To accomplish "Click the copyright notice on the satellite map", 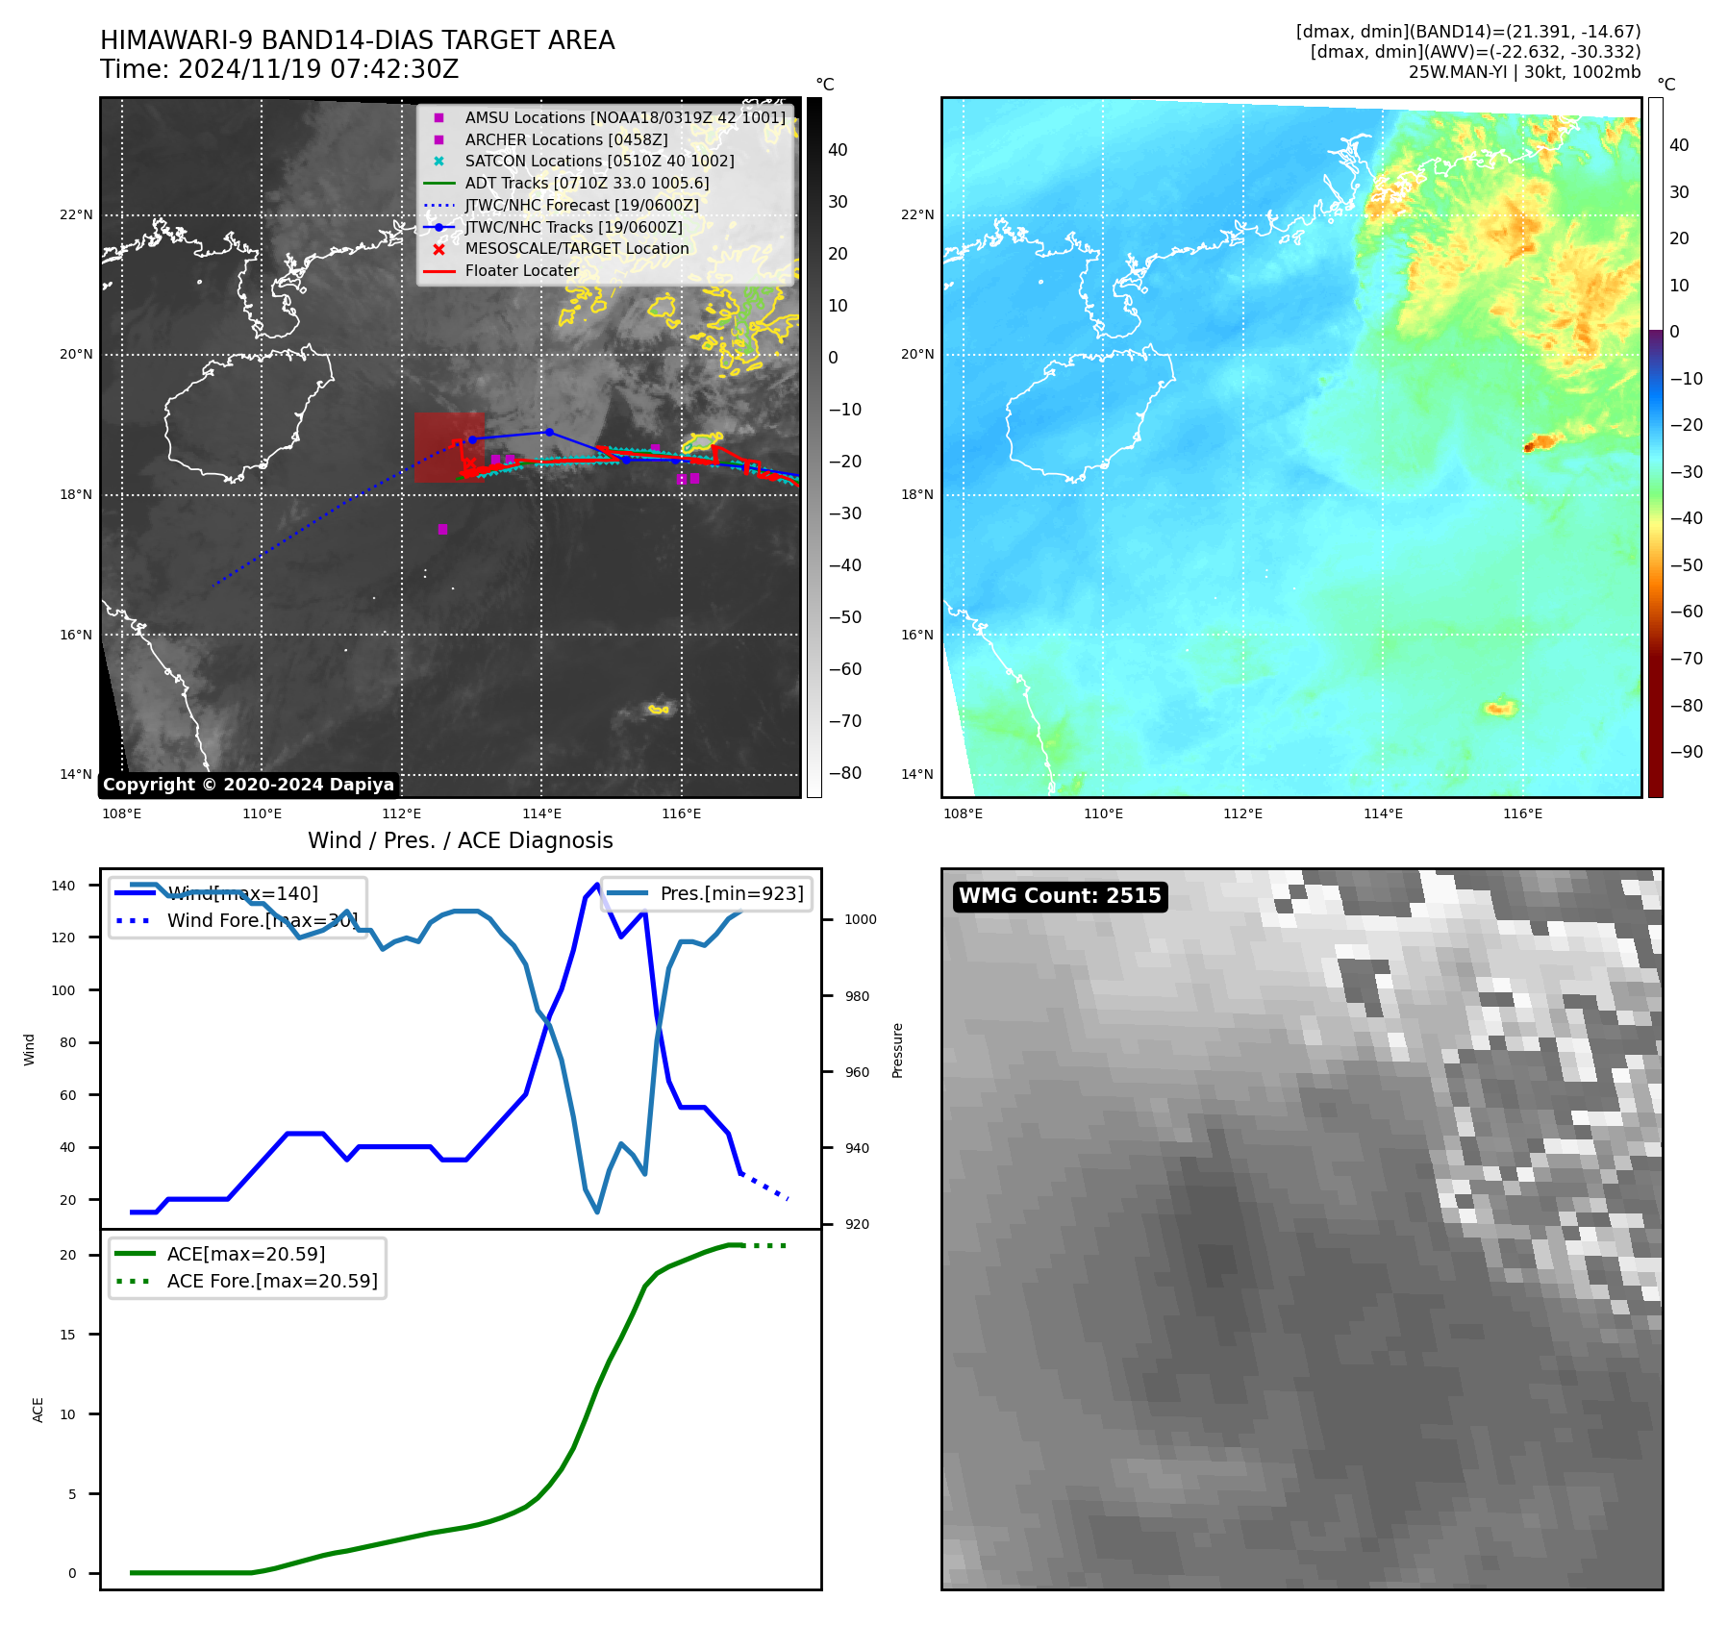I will click(248, 785).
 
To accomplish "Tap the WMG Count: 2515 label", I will click(1060, 896).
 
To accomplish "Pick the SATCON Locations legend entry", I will click(598, 161).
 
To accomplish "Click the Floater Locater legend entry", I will click(521, 270).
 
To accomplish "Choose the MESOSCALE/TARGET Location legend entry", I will click(576, 248).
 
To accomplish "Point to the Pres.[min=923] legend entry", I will click(731, 893).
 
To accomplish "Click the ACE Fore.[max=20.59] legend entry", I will click(272, 1281).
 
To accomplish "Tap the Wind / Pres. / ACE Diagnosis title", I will click(460, 840).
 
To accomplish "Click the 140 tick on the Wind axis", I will click(63, 886).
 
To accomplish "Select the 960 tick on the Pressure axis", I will click(857, 1072).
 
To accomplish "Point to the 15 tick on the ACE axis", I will click(68, 1335).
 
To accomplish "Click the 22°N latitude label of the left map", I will click(76, 214).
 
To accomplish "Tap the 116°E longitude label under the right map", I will click(1522, 813).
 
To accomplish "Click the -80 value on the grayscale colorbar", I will click(845, 773).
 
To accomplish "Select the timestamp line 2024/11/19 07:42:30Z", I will click(280, 69).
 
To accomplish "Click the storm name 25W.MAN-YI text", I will click(1461, 72).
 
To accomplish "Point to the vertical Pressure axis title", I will click(897, 1050).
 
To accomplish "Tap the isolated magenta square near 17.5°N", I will click(442, 529).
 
